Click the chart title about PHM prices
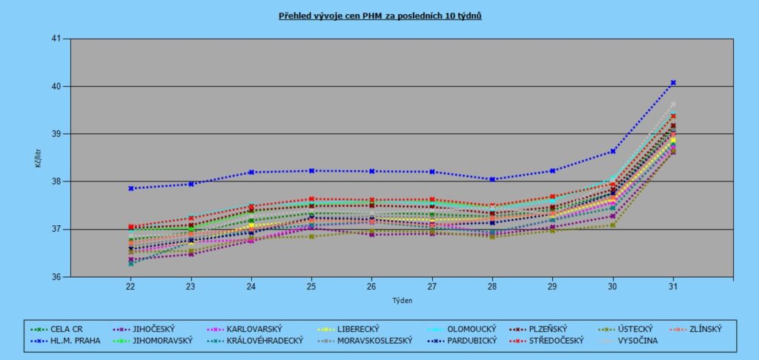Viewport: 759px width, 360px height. (379, 15)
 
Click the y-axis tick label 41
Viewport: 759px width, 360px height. (56, 39)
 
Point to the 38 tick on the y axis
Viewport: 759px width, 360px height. (56, 181)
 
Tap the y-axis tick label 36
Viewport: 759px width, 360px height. (56, 277)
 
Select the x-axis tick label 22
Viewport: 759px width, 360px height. (130, 286)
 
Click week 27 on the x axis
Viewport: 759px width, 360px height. (432, 286)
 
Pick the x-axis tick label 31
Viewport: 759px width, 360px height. (673, 286)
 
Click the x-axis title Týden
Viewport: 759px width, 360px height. (401, 301)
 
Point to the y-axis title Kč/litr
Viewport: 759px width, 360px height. (39, 158)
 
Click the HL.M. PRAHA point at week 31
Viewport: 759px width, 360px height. (673, 82)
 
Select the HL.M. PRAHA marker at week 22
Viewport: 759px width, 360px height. (130, 188)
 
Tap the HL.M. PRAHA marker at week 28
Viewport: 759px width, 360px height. (492, 179)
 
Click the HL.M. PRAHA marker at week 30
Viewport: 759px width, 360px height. (613, 151)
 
